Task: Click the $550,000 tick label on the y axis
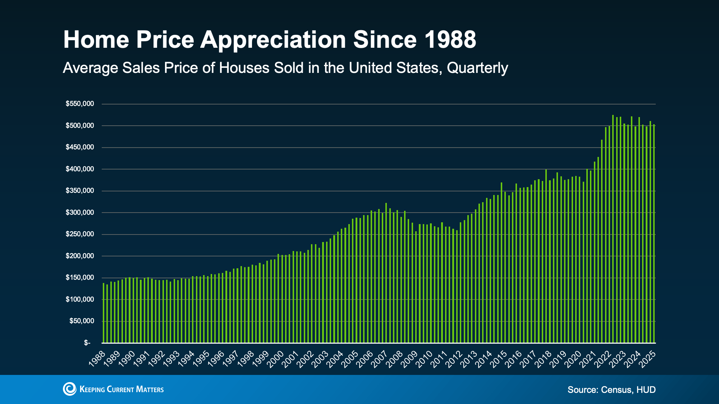[79, 104]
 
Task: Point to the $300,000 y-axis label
[79, 213]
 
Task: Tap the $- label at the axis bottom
[87, 343]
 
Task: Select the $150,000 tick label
[79, 278]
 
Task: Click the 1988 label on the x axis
[97, 359]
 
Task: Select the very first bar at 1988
[104, 312]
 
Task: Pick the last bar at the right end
[654, 233]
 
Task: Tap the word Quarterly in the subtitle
[477, 68]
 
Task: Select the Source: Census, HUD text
[611, 390]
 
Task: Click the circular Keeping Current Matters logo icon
[70, 389]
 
